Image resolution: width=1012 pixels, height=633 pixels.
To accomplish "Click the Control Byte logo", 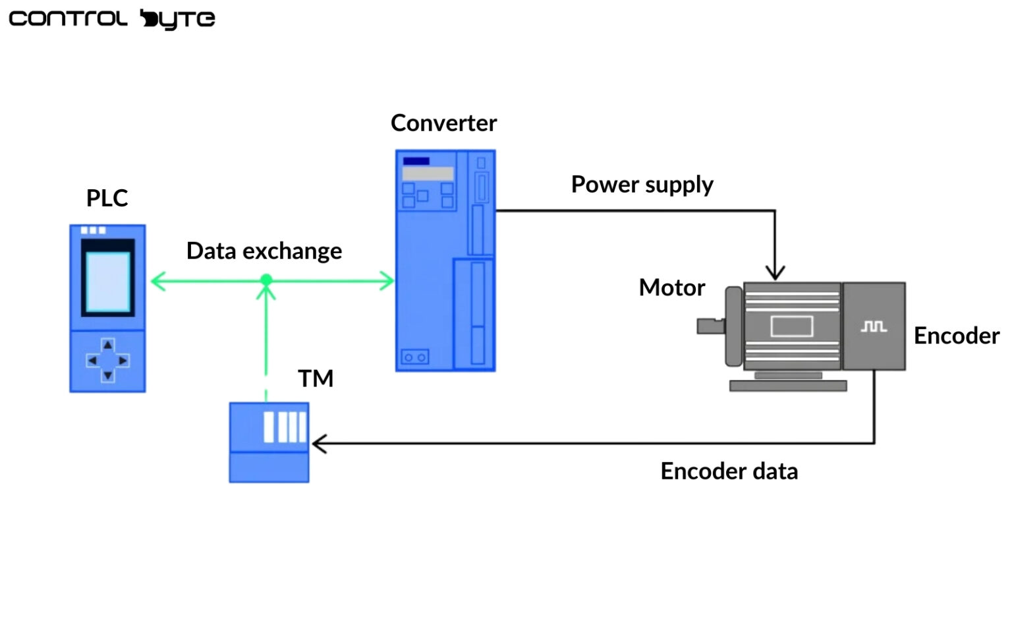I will click(x=111, y=18).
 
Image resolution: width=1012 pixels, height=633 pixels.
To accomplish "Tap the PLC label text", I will click(x=107, y=198).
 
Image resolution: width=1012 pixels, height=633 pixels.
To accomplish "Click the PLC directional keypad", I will click(x=108, y=360).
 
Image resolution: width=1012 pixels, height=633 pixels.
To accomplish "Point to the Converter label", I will click(x=443, y=123).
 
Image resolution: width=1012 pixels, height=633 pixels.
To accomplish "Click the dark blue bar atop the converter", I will click(x=416, y=161).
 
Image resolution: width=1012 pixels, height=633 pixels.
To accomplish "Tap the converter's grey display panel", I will click(x=428, y=173).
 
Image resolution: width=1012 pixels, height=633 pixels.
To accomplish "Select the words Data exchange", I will click(x=264, y=251).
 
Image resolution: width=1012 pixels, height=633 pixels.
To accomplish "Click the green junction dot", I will click(x=266, y=280).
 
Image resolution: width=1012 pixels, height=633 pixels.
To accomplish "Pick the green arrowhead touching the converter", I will click(x=387, y=281).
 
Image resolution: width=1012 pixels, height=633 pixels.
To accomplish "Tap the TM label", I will click(x=316, y=378).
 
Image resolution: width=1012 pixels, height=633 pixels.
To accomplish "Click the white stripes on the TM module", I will click(x=285, y=427).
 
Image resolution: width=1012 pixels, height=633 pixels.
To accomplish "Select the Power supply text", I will click(x=642, y=185).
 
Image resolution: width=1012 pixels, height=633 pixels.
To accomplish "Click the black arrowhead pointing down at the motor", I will click(x=775, y=272).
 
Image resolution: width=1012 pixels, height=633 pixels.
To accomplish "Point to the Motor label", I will click(x=671, y=287).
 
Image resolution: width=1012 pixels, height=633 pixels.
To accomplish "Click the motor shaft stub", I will click(x=710, y=326).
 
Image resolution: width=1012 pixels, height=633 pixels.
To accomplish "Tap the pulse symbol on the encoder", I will click(x=874, y=326).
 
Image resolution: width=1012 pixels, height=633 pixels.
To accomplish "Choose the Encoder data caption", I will click(x=729, y=471).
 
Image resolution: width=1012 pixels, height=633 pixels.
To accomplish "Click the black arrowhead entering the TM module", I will click(x=318, y=444).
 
